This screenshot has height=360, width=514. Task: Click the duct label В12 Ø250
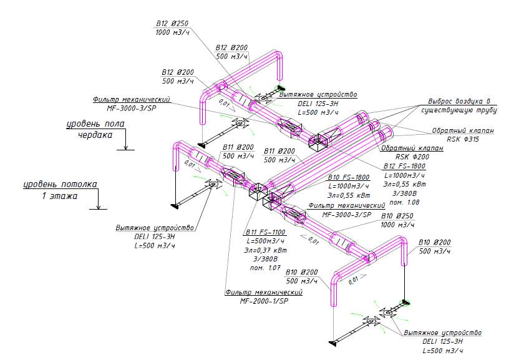pos(172,24)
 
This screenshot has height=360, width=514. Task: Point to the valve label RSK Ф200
pos(412,157)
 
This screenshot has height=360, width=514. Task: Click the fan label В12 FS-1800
pos(404,167)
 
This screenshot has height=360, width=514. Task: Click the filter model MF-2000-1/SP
pos(264,301)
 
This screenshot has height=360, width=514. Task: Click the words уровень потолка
pos(61,185)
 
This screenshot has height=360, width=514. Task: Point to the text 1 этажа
pos(59,195)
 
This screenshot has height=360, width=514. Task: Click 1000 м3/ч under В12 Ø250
pos(172,32)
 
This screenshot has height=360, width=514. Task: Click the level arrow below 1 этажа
pos(98,205)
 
